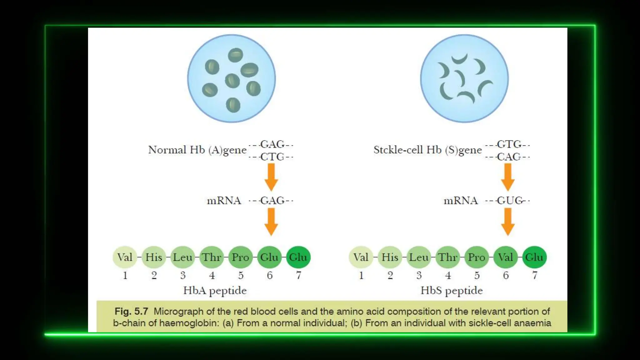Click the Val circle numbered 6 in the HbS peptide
click(506, 257)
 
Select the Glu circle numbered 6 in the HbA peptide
click(269, 257)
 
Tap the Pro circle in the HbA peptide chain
click(240, 257)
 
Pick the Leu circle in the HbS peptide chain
click(419, 257)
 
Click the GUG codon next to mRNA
click(509, 201)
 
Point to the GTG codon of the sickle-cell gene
click(509, 144)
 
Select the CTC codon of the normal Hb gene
click(272, 157)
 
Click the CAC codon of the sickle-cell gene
click(509, 157)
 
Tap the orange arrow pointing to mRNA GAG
click(271, 177)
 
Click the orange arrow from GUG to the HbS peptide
click(508, 222)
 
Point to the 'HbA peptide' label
click(215, 291)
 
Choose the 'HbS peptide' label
click(452, 291)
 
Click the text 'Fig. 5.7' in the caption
click(131, 311)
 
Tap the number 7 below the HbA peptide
click(299, 275)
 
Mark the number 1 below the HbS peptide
click(361, 275)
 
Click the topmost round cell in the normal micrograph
click(235, 55)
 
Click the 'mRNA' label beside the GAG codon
click(224, 201)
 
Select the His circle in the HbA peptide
click(154, 257)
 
